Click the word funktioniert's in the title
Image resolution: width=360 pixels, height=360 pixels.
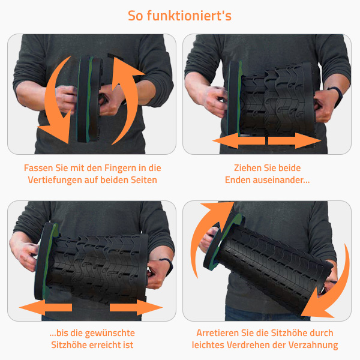click(x=189, y=16)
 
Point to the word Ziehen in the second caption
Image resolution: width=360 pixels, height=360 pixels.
click(x=247, y=168)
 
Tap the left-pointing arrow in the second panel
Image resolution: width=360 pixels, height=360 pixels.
click(x=239, y=140)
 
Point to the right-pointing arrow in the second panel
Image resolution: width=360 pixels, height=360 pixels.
click(x=295, y=140)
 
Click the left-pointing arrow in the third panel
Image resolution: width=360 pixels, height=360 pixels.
click(x=46, y=307)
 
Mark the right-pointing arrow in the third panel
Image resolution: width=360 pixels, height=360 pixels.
click(x=136, y=307)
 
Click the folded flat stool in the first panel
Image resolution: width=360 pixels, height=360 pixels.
click(x=89, y=99)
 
